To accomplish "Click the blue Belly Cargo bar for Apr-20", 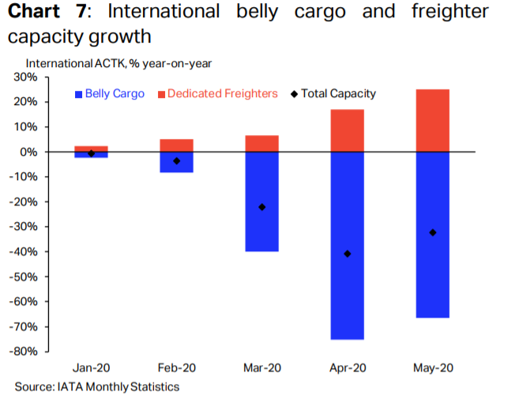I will coord(347,245).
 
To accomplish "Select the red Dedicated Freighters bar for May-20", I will coord(432,120).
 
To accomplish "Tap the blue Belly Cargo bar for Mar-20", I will coord(261,201).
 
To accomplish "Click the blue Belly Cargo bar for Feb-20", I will coord(176,162).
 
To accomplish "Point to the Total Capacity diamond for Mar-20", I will coord(261,207).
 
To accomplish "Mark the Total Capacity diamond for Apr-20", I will coord(347,254).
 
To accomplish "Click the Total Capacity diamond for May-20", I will coord(432,232).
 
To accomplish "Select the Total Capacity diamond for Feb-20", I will coord(176,160).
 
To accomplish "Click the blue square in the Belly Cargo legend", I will coord(77,94).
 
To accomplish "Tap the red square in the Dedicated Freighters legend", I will coord(161,94).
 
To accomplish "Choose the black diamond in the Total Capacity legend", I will coord(294,94).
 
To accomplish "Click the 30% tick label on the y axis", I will coord(26,77).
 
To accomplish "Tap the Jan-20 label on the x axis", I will coord(91,368).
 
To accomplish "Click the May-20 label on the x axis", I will coord(432,368).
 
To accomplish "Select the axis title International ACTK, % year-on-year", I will coord(118,62).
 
